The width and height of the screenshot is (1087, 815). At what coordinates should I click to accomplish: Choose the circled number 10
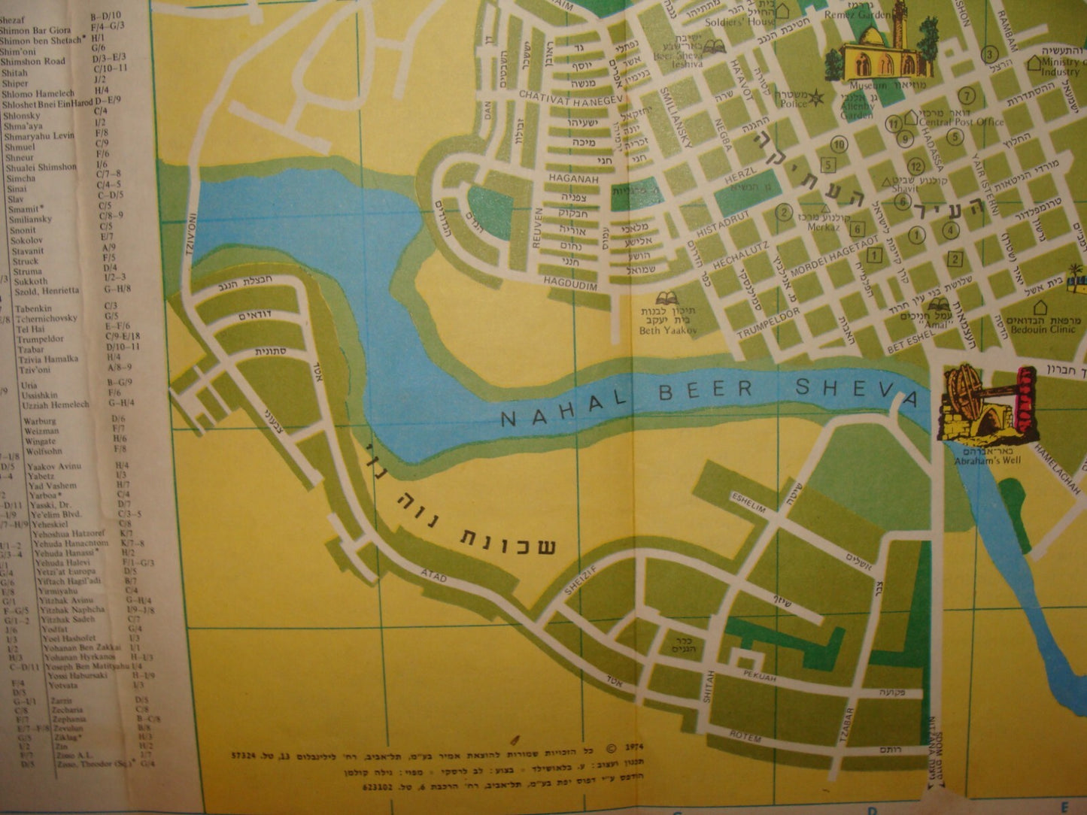click(x=840, y=144)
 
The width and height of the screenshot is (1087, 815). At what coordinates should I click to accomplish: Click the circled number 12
click(x=915, y=165)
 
